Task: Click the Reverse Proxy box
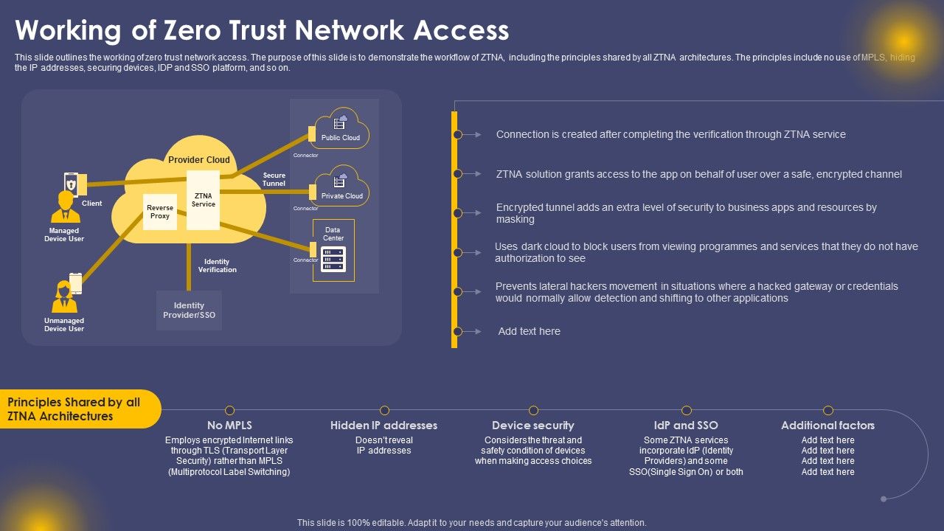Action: [x=160, y=212]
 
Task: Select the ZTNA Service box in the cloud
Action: [x=203, y=200]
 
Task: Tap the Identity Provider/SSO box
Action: [x=189, y=310]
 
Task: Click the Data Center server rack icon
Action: [x=333, y=260]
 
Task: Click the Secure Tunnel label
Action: [x=274, y=179]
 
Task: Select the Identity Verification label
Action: [x=217, y=265]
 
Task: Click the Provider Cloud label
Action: [x=199, y=160]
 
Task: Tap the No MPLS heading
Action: [x=229, y=426]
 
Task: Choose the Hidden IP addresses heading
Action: [x=383, y=426]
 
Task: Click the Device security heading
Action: [x=532, y=426]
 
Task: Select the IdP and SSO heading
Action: [x=686, y=426]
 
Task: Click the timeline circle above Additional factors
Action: [x=828, y=410]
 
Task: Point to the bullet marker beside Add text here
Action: [x=457, y=332]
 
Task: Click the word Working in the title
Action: [x=69, y=31]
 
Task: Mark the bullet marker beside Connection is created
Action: [x=457, y=135]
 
